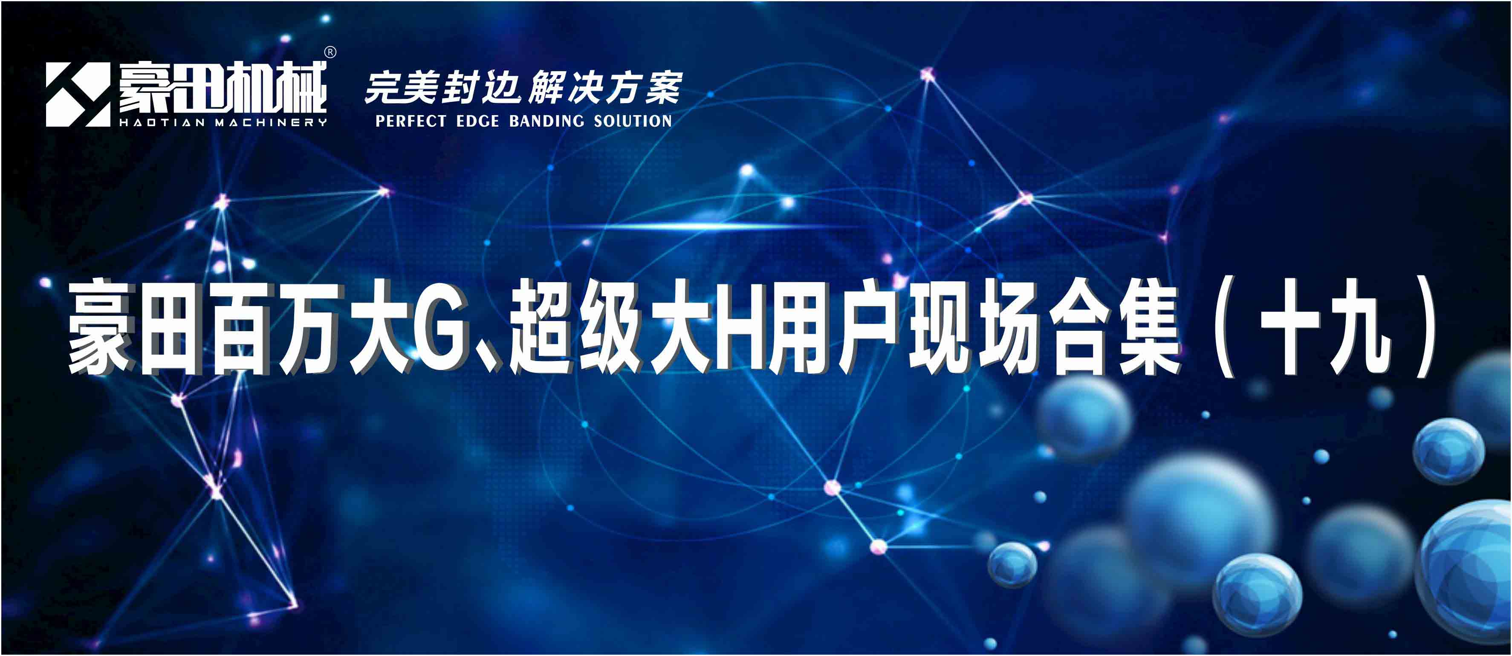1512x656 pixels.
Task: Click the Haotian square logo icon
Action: (78, 95)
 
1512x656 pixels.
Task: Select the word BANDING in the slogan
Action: (546, 121)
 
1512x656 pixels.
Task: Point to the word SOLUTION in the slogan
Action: (633, 121)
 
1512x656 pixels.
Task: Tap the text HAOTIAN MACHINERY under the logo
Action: (223, 123)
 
